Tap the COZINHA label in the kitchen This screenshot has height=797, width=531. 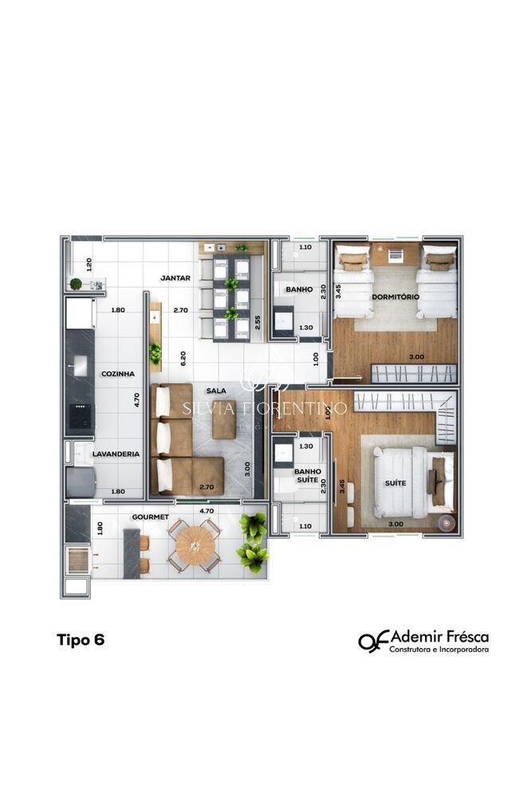[x=116, y=373]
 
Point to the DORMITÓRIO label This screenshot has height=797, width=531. [x=395, y=296]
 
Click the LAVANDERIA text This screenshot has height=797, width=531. [x=116, y=454]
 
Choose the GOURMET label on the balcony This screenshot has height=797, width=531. [x=150, y=516]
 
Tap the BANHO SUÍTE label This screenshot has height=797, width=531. [x=308, y=476]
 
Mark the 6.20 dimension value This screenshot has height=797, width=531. [x=183, y=358]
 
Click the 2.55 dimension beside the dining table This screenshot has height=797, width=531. [x=257, y=323]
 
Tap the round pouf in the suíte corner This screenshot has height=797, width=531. [x=444, y=523]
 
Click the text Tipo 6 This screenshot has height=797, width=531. [x=81, y=639]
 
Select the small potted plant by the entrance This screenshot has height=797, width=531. [x=76, y=283]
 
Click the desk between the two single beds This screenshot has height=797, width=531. [x=395, y=254]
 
